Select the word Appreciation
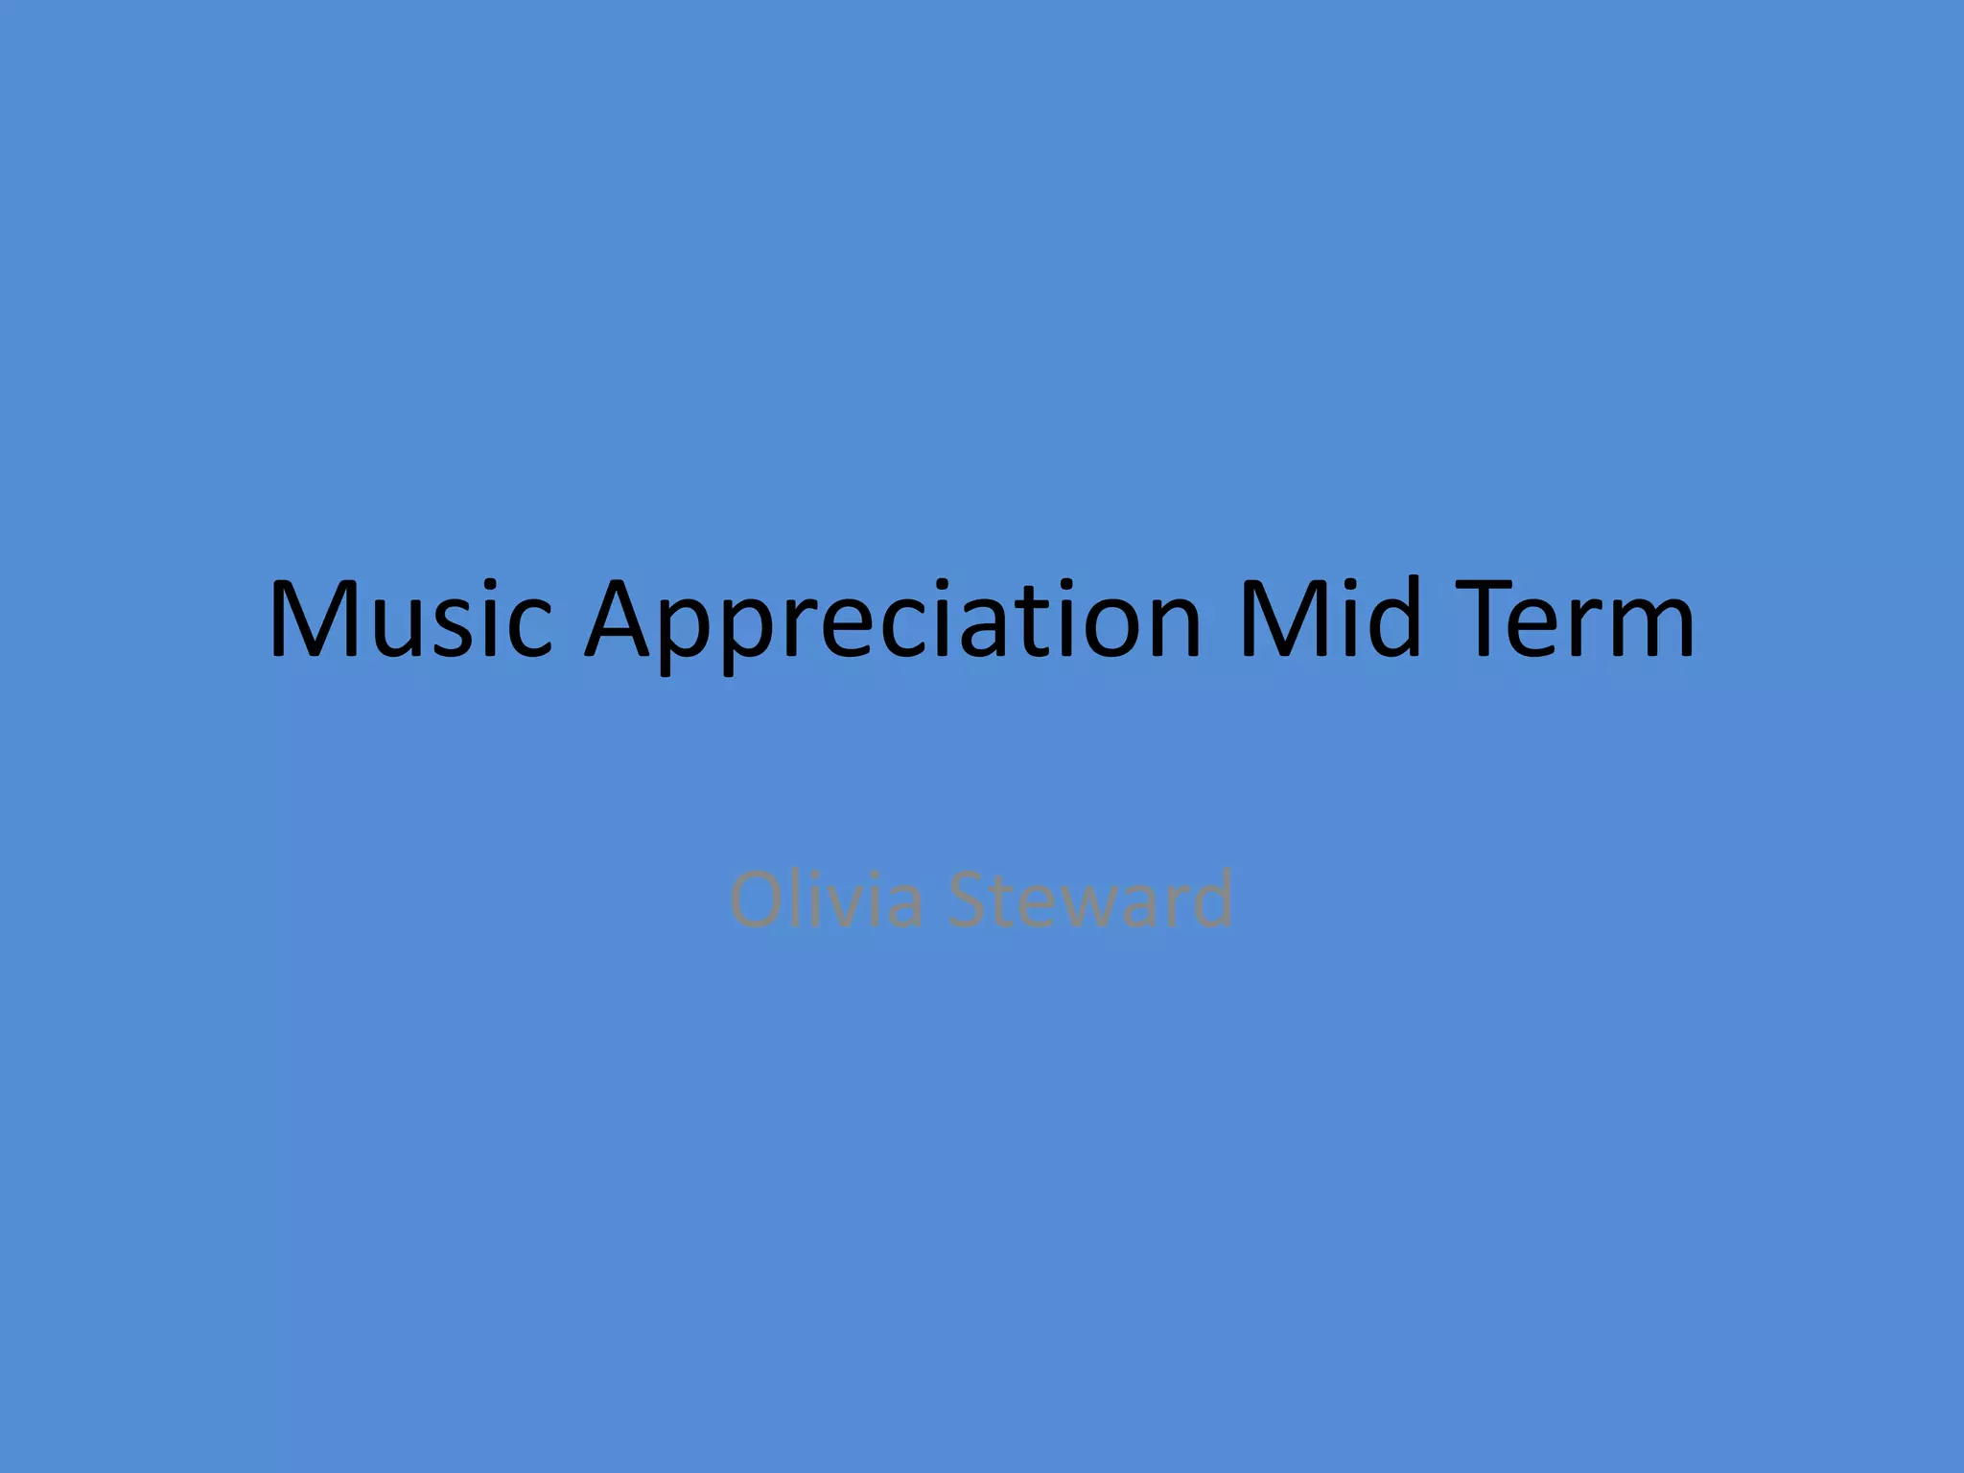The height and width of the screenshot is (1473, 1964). tap(893, 621)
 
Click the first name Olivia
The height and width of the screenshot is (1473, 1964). tap(826, 900)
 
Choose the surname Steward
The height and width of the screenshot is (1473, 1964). tap(1090, 900)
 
